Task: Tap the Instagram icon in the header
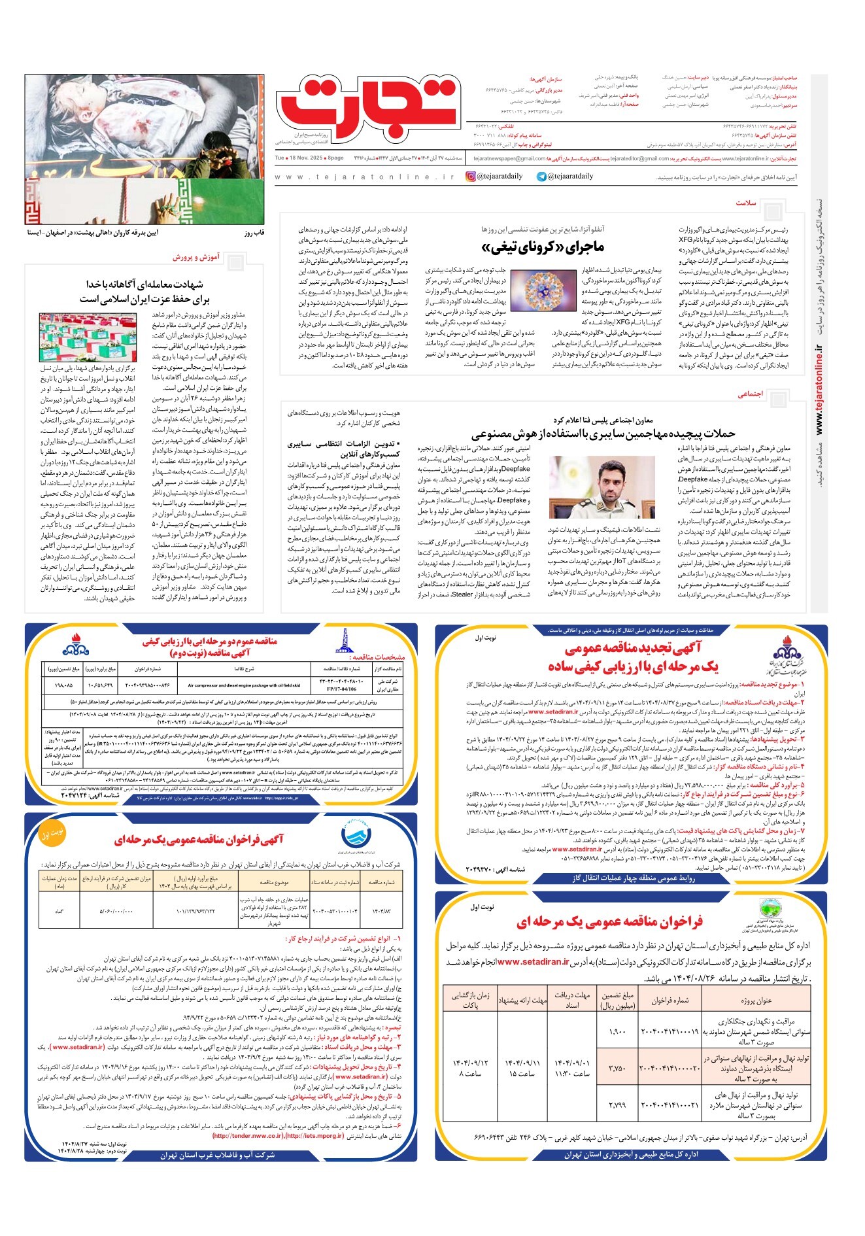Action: pyautogui.click(x=471, y=177)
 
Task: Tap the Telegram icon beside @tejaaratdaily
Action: pyautogui.click(x=541, y=177)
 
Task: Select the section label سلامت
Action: pyautogui.click(x=745, y=203)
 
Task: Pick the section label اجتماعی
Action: pyautogui.click(x=751, y=394)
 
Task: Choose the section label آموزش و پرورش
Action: pyautogui.click(x=196, y=257)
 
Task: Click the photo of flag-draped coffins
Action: pyautogui.click(x=96, y=337)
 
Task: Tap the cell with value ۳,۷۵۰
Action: pyautogui.click(x=617, y=1069)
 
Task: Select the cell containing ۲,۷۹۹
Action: pyautogui.click(x=617, y=1105)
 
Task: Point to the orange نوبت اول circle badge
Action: pyautogui.click(x=53, y=835)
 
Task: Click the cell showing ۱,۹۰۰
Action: pyautogui.click(x=617, y=1031)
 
